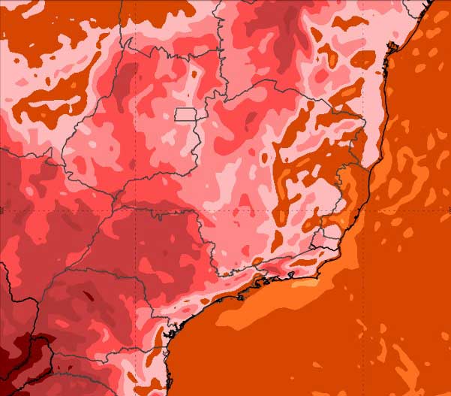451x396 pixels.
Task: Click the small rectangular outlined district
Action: pyautogui.click(x=185, y=114)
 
